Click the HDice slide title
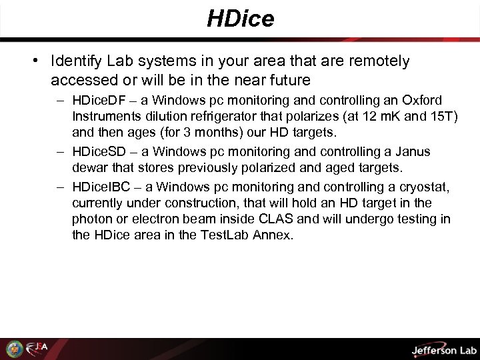click(240, 19)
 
